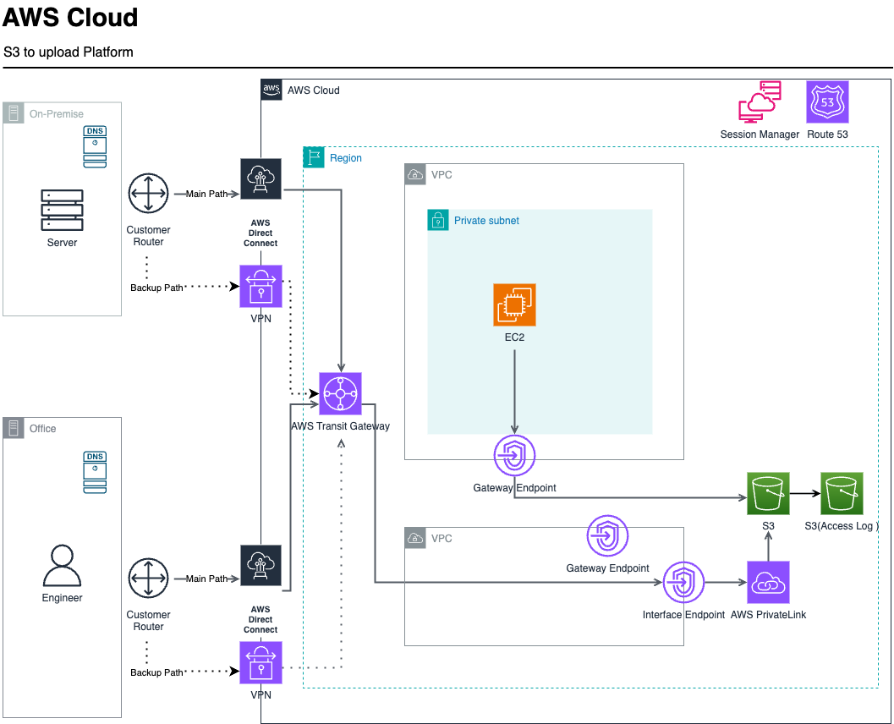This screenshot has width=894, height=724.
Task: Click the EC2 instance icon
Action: [514, 304]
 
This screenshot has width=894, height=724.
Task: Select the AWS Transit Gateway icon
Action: [340, 393]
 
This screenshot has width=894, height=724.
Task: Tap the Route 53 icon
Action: [827, 102]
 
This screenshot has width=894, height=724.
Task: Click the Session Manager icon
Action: [760, 102]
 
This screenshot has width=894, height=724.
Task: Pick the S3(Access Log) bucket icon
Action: [842, 493]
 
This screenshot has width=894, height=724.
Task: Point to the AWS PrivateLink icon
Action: [768, 582]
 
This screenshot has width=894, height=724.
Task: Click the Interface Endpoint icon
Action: [684, 582]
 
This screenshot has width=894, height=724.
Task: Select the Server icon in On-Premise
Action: [63, 210]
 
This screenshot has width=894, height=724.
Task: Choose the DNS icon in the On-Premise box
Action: [95, 147]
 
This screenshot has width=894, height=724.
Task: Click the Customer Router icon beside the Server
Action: [149, 194]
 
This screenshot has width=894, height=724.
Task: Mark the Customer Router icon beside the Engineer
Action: [149, 579]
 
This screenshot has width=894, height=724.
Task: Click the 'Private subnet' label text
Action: [486, 221]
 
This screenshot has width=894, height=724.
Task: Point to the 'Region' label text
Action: [346, 158]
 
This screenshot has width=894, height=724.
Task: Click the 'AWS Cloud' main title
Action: [70, 18]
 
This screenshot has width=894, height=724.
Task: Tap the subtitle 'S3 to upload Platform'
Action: [69, 52]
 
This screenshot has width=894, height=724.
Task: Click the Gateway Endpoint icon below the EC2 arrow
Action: [515, 457]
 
